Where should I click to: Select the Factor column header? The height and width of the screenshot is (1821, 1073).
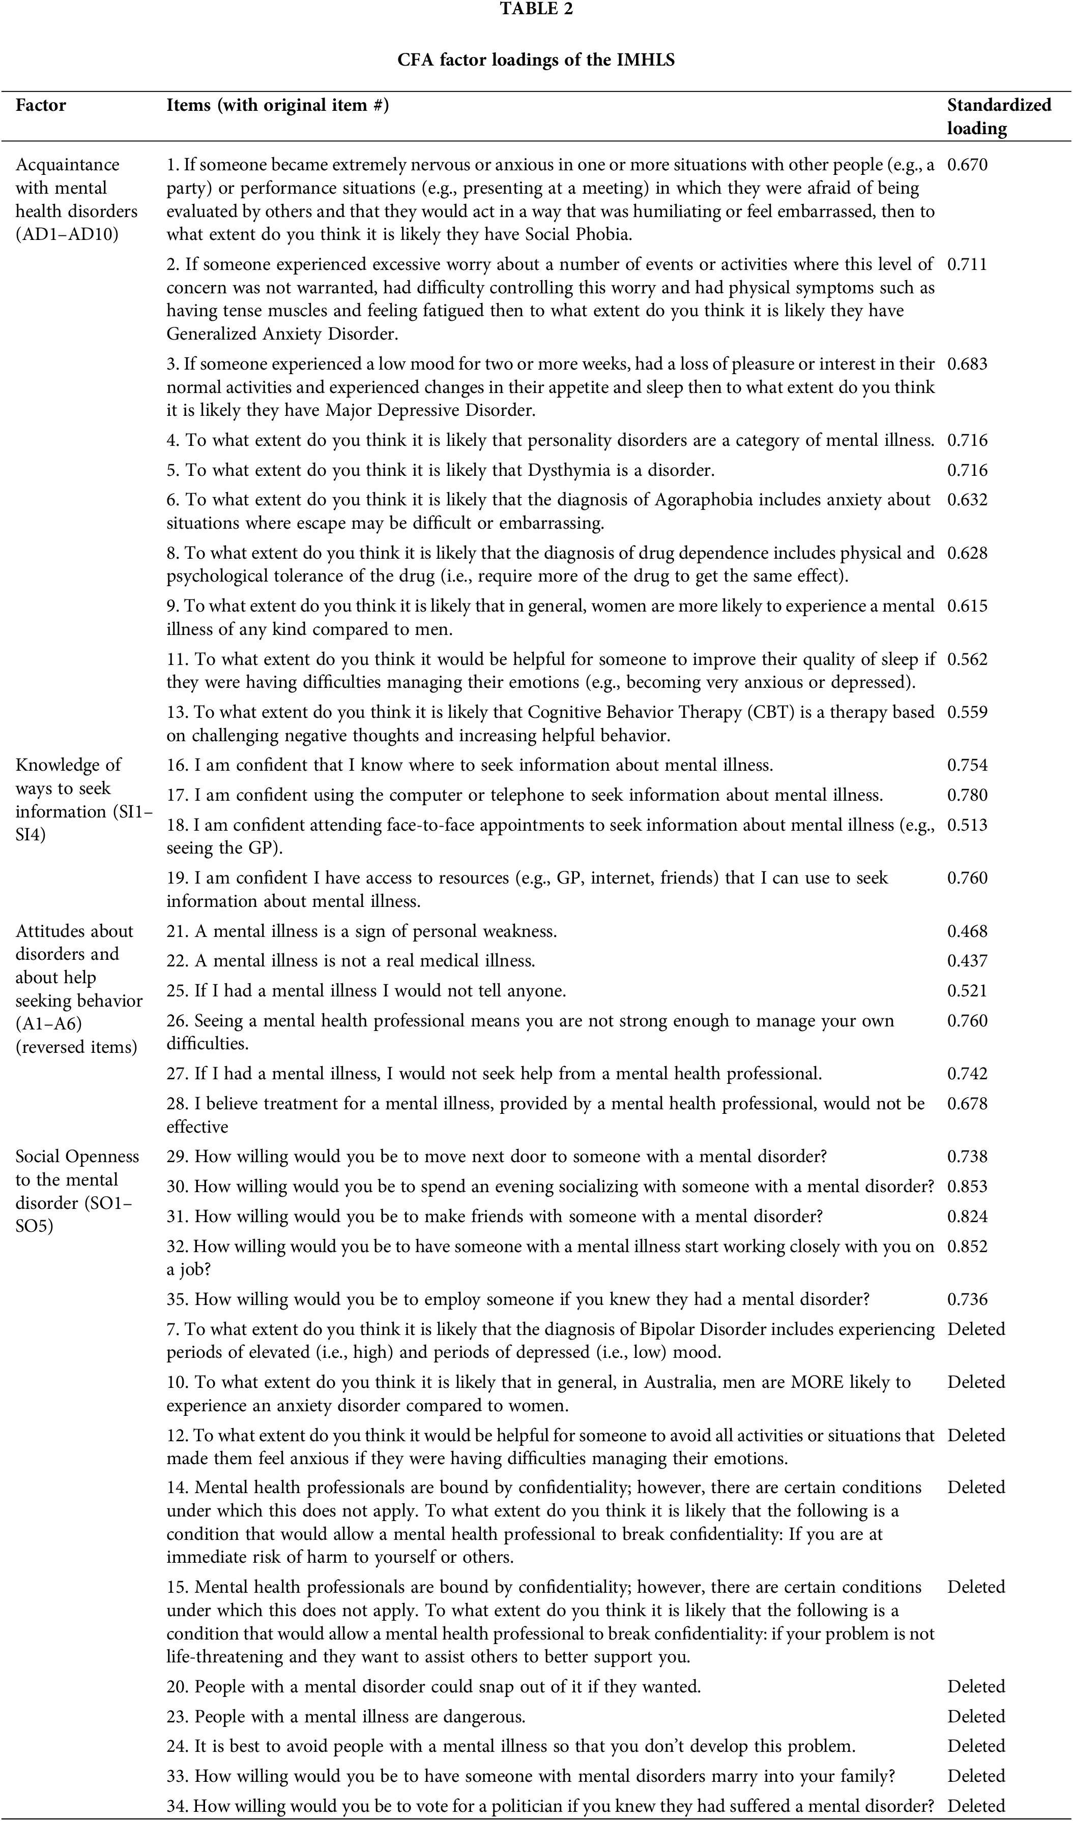pyautogui.click(x=41, y=106)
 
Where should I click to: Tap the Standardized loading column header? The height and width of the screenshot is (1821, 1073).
pyautogui.click(x=999, y=116)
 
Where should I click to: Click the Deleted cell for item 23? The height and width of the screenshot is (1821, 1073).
pyautogui.click(x=976, y=1716)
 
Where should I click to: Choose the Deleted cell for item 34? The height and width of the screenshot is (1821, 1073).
pyautogui.click(x=976, y=1805)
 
